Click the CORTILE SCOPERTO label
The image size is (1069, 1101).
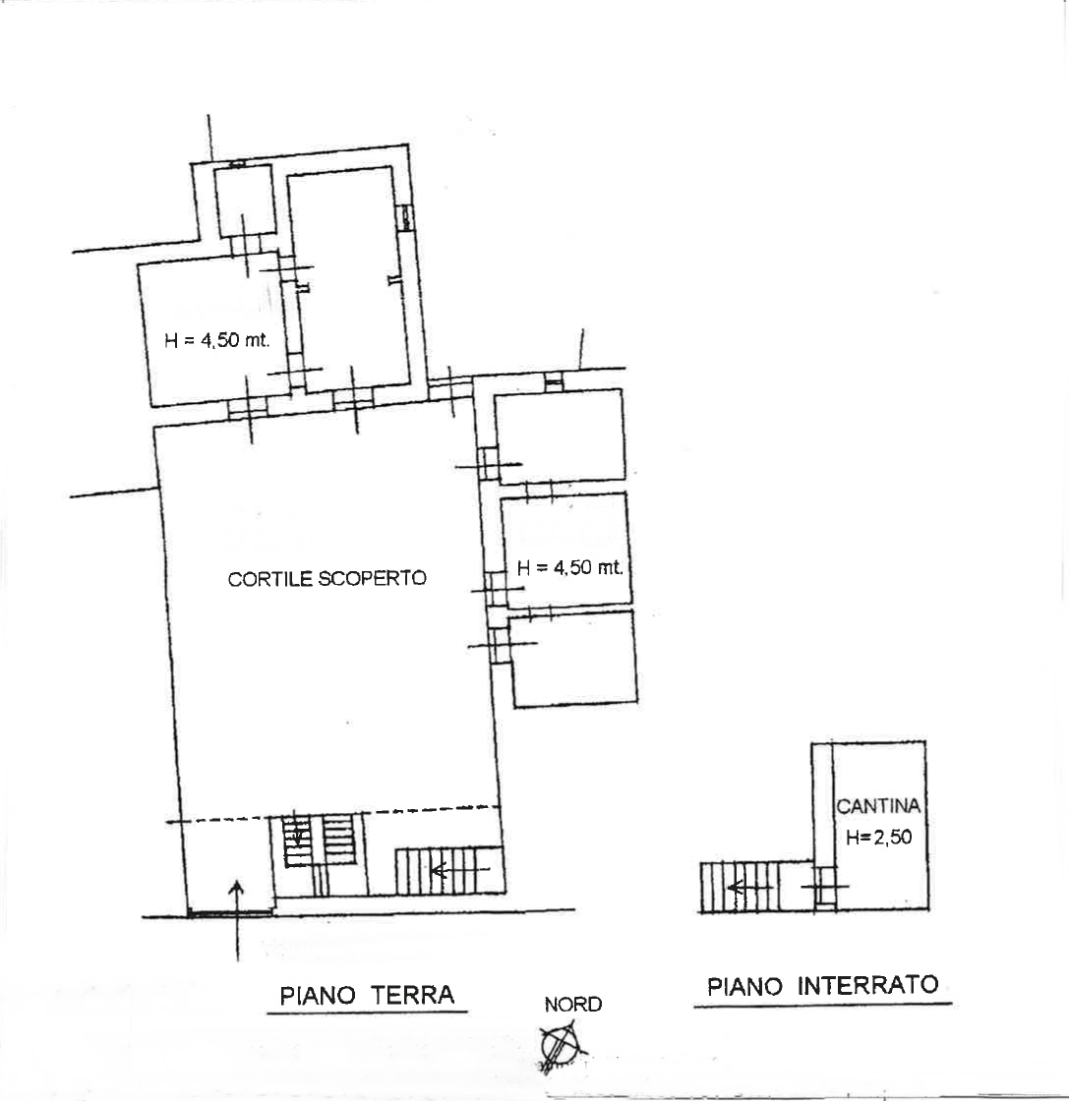point(327,578)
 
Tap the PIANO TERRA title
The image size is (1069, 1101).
point(367,996)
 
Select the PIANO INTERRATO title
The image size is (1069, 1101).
point(822,986)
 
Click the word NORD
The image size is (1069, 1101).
point(573,1005)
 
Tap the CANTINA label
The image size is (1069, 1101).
point(878,806)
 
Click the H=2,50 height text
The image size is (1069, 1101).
point(878,837)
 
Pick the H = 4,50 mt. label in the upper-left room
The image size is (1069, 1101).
point(217,340)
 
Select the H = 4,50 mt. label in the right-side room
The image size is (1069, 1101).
point(569,567)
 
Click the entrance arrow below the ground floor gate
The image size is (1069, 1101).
point(237,920)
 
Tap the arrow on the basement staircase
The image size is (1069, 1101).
point(750,889)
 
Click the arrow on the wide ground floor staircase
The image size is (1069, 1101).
point(460,871)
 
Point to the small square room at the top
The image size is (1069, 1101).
point(244,201)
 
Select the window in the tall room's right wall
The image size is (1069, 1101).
point(405,217)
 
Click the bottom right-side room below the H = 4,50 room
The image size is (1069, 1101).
point(573,658)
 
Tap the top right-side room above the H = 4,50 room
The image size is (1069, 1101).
point(560,436)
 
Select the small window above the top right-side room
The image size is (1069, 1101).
point(554,381)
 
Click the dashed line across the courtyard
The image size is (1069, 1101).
point(333,815)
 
